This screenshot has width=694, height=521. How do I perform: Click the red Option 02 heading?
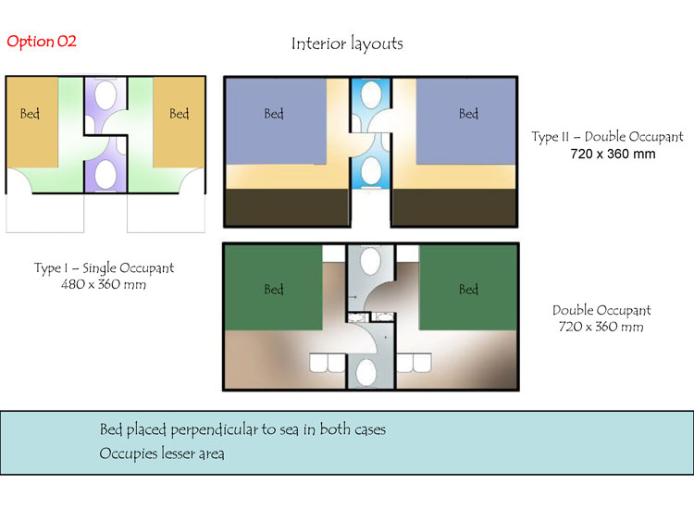click(x=42, y=41)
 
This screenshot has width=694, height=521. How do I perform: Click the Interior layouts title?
click(x=347, y=43)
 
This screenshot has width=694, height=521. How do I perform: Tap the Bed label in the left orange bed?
click(x=30, y=114)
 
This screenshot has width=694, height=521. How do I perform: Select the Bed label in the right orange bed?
click(x=180, y=114)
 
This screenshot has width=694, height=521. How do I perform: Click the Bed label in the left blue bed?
click(x=274, y=114)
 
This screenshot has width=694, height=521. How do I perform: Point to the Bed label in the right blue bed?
click(x=469, y=114)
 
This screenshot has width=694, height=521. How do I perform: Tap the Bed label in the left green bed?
click(x=274, y=290)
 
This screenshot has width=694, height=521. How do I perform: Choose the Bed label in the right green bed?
click(x=469, y=290)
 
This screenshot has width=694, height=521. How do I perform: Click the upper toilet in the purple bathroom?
click(x=105, y=94)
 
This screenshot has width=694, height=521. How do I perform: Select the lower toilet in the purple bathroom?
click(x=105, y=174)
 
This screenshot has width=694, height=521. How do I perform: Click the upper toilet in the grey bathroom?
click(x=370, y=260)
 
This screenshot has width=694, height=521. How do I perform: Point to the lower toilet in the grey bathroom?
click(x=366, y=373)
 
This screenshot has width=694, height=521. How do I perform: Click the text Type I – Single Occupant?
click(x=104, y=267)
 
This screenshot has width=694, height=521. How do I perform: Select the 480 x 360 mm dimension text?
click(x=104, y=284)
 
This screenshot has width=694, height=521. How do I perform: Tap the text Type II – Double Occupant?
click(x=607, y=137)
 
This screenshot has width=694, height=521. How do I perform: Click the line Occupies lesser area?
click(x=162, y=453)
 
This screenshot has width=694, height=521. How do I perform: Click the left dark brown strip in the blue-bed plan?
click(x=287, y=207)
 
